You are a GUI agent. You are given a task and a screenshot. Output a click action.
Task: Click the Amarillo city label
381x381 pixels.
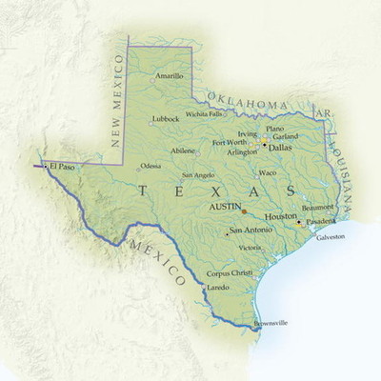169,76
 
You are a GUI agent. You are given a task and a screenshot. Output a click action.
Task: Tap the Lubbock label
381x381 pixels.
165,119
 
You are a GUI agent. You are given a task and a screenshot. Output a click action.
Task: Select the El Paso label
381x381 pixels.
61,166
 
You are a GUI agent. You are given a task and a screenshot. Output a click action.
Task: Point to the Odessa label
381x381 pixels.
150,166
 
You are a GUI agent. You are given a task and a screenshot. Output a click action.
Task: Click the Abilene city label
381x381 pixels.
184,150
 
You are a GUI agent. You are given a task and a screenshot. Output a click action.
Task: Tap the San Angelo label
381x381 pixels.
198,175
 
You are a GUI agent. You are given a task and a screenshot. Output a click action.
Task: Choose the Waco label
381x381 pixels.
268,172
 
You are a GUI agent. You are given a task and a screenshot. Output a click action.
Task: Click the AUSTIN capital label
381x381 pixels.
224,206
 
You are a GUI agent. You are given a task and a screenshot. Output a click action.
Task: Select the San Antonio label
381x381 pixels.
251,231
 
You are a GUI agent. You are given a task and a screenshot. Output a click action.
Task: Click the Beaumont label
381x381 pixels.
317,207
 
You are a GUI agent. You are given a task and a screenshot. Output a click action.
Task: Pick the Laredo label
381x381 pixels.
218,287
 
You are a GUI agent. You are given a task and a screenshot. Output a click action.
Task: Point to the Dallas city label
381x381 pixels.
280,148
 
